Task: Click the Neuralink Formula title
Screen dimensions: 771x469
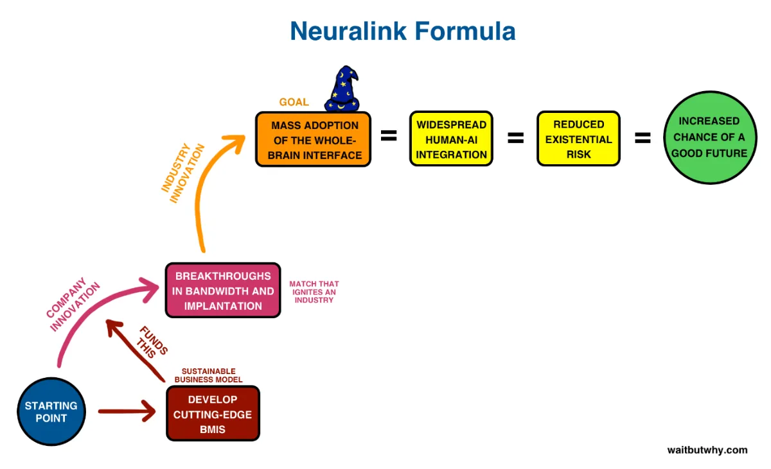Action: pyautogui.click(x=403, y=31)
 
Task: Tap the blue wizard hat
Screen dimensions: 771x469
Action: pyautogui.click(x=342, y=89)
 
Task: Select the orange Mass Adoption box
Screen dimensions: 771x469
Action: pyautogui.click(x=314, y=139)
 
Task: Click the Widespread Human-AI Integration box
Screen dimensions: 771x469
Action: pyautogui.click(x=451, y=139)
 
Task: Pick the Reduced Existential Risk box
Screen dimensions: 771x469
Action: pyautogui.click(x=579, y=139)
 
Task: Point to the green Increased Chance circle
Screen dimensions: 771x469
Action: pyautogui.click(x=710, y=137)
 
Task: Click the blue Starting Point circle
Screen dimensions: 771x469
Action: pyautogui.click(x=51, y=412)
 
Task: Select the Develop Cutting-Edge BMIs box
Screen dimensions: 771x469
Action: pyautogui.click(x=213, y=414)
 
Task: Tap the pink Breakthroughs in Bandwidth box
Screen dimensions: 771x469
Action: pyautogui.click(x=223, y=291)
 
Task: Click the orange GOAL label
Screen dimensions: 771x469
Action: pyautogui.click(x=294, y=102)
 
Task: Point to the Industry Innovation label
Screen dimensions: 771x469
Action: pyautogui.click(x=182, y=173)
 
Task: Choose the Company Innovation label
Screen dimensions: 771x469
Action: pyautogui.click(x=73, y=304)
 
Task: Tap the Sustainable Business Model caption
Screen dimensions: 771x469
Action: pyautogui.click(x=209, y=375)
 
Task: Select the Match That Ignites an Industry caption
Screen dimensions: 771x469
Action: pyautogui.click(x=314, y=292)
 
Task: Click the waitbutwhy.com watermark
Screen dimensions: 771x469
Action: pyautogui.click(x=707, y=450)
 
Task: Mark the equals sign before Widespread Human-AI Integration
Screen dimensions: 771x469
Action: pyautogui.click(x=389, y=135)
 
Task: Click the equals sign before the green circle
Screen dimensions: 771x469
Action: pyautogui.click(x=642, y=138)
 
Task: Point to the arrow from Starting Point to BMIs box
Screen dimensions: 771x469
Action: pyautogui.click(x=127, y=411)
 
